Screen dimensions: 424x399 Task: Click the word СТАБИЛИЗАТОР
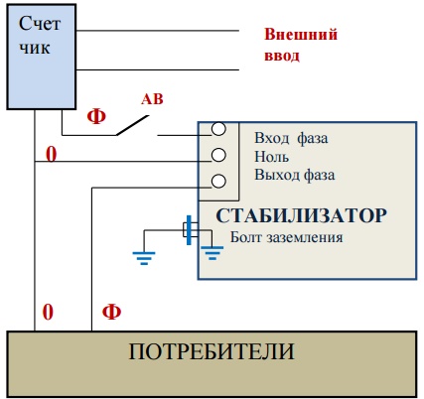301,215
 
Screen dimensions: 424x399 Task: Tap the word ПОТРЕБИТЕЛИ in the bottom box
212,351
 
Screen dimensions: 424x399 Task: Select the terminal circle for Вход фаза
218,129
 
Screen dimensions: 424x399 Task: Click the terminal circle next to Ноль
218,155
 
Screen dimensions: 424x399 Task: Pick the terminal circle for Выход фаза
218,181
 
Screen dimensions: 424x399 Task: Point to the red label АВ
152,99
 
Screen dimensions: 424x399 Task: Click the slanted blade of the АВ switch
132,125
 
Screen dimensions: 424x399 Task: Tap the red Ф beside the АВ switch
96,116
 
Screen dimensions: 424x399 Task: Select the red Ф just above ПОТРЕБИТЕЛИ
111,312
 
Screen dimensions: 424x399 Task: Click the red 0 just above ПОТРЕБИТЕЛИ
48,312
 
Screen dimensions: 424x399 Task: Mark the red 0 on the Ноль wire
51,154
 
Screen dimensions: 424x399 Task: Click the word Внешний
301,34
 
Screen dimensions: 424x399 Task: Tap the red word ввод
282,56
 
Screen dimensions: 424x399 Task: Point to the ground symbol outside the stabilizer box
144,258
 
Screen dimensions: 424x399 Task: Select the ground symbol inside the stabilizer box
212,253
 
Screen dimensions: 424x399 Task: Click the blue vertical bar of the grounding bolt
189,230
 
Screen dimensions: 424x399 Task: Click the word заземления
305,238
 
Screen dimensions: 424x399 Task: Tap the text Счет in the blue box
40,24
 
